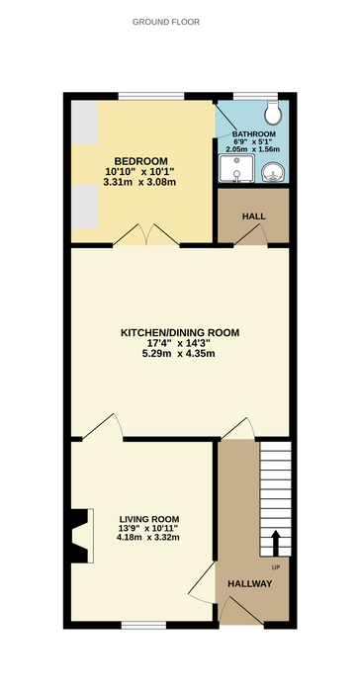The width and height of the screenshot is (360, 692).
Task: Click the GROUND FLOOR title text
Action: tap(166, 22)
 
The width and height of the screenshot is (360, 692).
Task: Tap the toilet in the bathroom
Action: tap(272, 113)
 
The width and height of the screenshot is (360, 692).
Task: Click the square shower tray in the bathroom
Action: tap(236, 168)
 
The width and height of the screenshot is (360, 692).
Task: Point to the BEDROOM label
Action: tap(140, 161)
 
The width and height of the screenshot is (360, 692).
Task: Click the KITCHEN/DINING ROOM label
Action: tap(180, 333)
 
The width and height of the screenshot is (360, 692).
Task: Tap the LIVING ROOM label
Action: tap(149, 519)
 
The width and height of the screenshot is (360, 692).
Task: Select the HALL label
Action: tap(254, 216)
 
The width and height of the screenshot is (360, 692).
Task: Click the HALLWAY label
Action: tap(250, 584)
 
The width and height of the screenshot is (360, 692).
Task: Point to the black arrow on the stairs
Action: tap(276, 543)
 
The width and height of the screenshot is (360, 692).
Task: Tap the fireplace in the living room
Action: tap(82, 536)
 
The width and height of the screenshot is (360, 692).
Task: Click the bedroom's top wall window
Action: tap(151, 96)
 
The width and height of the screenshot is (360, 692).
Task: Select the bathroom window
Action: tap(255, 96)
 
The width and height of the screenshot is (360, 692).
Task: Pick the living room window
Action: tap(144, 625)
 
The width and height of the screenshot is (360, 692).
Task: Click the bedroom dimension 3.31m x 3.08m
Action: tap(139, 182)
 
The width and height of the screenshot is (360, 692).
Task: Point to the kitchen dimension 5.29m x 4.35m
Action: tap(182, 354)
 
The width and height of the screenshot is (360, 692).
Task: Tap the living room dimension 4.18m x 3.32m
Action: tap(148, 538)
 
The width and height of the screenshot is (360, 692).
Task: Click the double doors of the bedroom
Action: tap(146, 234)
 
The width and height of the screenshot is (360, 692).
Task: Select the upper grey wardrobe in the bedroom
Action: tap(85, 123)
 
